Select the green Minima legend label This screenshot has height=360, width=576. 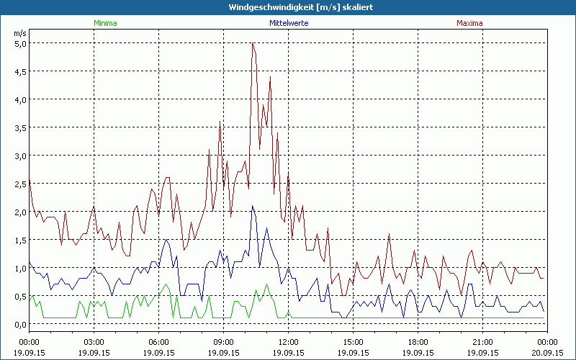(x=105, y=23)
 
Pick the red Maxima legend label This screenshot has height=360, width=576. (x=469, y=23)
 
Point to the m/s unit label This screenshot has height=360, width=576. (x=19, y=33)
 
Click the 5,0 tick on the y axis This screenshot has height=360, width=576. (x=21, y=43)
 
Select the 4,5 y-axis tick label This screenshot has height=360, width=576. (x=21, y=71)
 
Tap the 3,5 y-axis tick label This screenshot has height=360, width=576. (x=21, y=127)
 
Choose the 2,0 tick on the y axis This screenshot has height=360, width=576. (x=21, y=212)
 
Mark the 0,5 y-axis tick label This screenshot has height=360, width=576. (x=21, y=296)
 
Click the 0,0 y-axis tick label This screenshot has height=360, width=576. (x=21, y=324)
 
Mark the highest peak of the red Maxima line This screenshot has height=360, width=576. (x=253, y=43)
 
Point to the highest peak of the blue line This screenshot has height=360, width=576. (x=252, y=206)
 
